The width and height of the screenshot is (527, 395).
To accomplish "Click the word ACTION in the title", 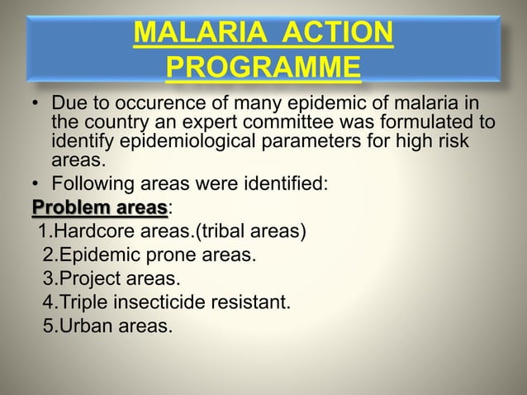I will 338,36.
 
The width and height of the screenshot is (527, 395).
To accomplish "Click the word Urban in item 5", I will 82,326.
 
